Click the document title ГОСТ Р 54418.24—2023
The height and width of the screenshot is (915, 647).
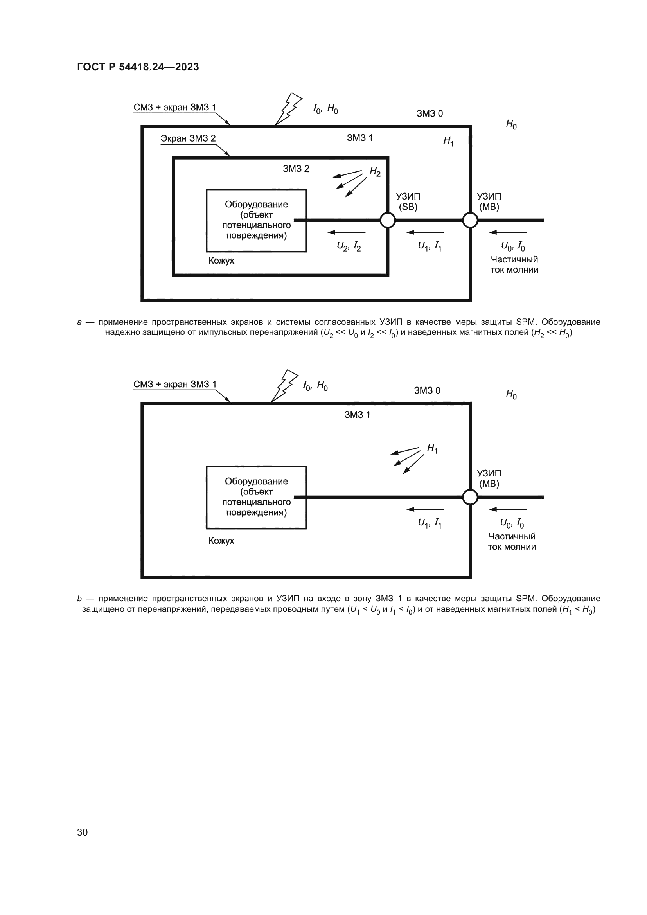pyautogui.click(x=138, y=67)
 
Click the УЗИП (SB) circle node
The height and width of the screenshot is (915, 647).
pyautogui.click(x=387, y=220)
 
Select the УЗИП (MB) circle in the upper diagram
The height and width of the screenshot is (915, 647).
pyautogui.click(x=470, y=220)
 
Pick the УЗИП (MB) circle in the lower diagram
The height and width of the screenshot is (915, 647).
pyautogui.click(x=470, y=497)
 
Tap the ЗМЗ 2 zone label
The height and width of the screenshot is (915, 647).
pyautogui.click(x=296, y=169)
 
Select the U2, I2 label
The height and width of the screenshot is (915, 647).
pyautogui.click(x=349, y=247)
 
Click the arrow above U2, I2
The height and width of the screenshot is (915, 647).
pyautogui.click(x=346, y=232)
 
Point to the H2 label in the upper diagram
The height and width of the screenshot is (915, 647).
pyautogui.click(x=375, y=171)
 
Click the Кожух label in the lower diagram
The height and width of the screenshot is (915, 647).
pyautogui.click(x=221, y=540)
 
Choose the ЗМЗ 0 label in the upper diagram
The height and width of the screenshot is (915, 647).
pyautogui.click(x=430, y=113)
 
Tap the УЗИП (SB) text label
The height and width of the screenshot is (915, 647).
pyautogui.click(x=408, y=201)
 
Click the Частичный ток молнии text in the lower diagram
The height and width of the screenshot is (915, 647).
pyautogui.click(x=512, y=541)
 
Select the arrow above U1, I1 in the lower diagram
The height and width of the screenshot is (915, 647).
pyautogui.click(x=425, y=509)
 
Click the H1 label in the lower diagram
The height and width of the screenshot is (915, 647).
pyautogui.click(x=432, y=448)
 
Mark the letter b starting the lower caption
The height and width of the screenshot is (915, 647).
pyautogui.click(x=79, y=599)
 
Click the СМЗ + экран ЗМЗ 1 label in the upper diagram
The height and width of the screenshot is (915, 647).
pyautogui.click(x=174, y=107)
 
